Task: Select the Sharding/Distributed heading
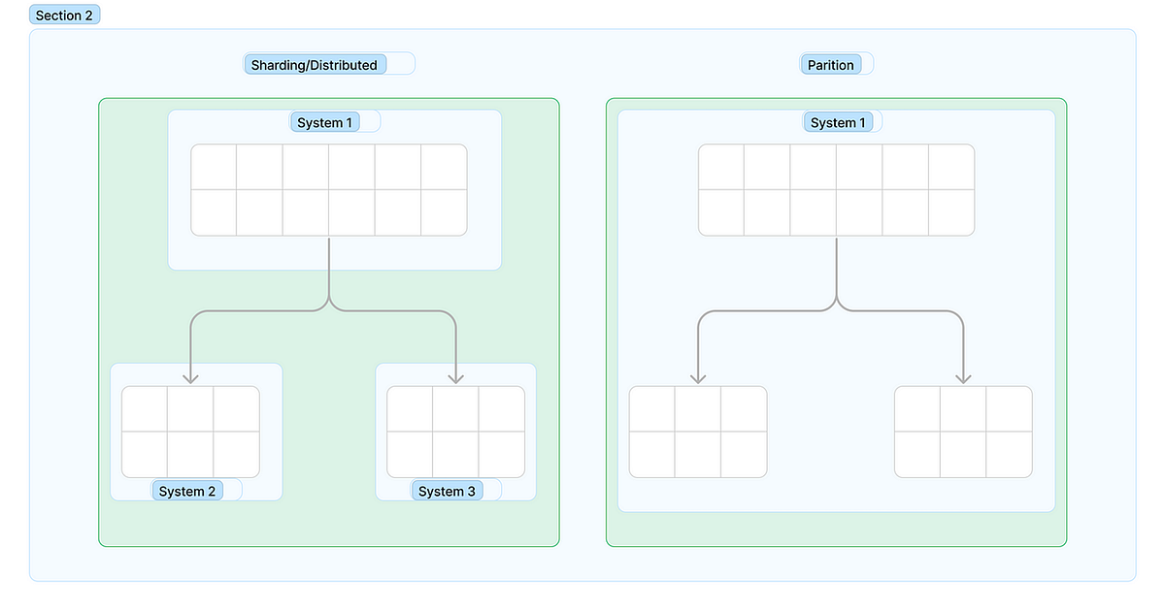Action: (315, 65)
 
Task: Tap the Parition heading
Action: (831, 65)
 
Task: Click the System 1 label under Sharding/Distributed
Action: (325, 122)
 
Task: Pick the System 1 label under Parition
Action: (833, 122)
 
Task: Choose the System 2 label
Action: (187, 491)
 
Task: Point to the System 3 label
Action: (447, 491)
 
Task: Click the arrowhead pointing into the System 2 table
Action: (190, 377)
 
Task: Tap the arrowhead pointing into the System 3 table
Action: (455, 377)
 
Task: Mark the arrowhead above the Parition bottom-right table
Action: (963, 377)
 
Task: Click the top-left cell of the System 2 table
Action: (145, 408)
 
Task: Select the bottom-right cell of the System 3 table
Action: (502, 454)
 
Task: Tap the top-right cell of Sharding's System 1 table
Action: (444, 167)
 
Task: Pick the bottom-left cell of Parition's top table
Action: (721, 212)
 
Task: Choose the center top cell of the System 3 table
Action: (455, 408)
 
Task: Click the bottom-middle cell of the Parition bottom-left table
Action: (698, 454)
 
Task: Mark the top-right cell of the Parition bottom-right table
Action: (1010, 408)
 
